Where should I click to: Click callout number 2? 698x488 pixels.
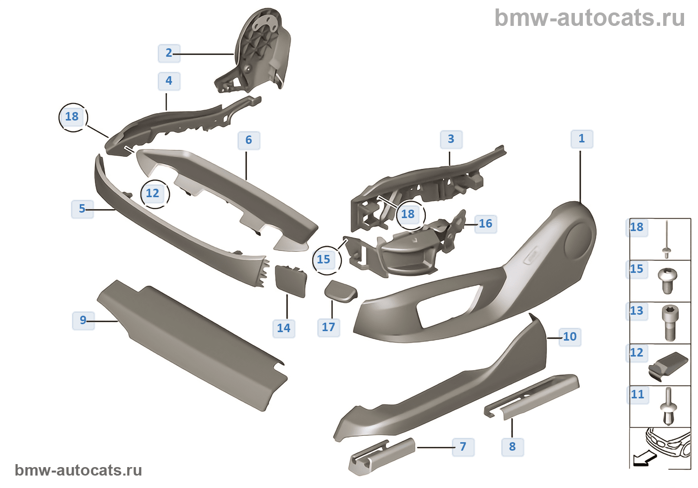coord(169,53)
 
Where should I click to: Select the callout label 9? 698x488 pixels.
coord(83,320)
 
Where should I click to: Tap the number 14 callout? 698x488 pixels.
coord(284,328)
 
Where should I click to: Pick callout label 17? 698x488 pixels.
coord(329,327)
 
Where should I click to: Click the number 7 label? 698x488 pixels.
coord(463,447)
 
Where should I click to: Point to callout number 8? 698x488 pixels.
coord(513,447)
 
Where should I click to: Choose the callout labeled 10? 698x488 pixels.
coord(570,337)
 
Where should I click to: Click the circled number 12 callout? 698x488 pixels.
coord(153,193)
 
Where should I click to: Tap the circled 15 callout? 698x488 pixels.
coord(324,259)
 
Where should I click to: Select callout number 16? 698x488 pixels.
coord(486,224)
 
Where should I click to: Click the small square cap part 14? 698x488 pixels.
coord(291,281)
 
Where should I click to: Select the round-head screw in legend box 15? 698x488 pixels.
coord(666,281)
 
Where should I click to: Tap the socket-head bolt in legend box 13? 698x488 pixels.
coord(669,322)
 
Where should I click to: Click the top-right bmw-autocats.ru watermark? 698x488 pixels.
coord(589,18)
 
